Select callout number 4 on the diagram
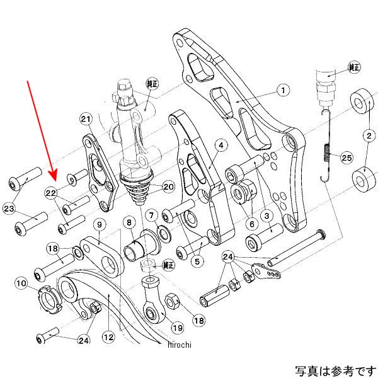(x=219, y=146)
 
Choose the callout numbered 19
(x=177, y=327)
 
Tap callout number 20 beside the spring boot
(x=168, y=186)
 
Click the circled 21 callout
(x=86, y=118)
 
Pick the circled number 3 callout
(x=266, y=215)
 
